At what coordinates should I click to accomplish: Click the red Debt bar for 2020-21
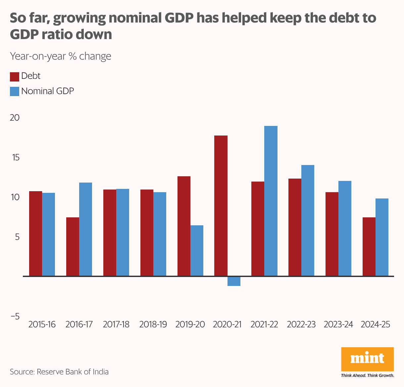coord(221,205)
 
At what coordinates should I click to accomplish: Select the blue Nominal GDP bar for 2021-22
coord(271,201)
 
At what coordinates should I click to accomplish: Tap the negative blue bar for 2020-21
coord(234,281)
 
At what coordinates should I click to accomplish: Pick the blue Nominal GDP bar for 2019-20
coord(197,250)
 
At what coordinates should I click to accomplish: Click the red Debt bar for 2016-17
coord(73,247)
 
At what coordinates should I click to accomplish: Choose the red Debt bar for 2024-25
coord(369,247)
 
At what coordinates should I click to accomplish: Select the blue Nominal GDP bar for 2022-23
coord(308,220)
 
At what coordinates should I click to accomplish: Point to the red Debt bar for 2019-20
coord(184,226)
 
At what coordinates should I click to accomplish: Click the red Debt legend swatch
coord(15,77)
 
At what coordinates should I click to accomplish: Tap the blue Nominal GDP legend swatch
coord(15,91)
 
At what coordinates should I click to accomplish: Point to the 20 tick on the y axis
coord(15,118)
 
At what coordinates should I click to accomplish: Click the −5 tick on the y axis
coord(15,316)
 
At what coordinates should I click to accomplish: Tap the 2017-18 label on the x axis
coord(116,324)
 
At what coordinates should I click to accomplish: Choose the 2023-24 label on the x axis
coord(338,324)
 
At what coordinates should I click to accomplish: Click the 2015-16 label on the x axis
coord(42,324)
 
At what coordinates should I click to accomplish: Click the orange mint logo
coord(367,359)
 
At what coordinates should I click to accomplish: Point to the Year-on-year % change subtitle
coord(61,56)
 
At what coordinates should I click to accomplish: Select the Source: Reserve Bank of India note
coord(59,372)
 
